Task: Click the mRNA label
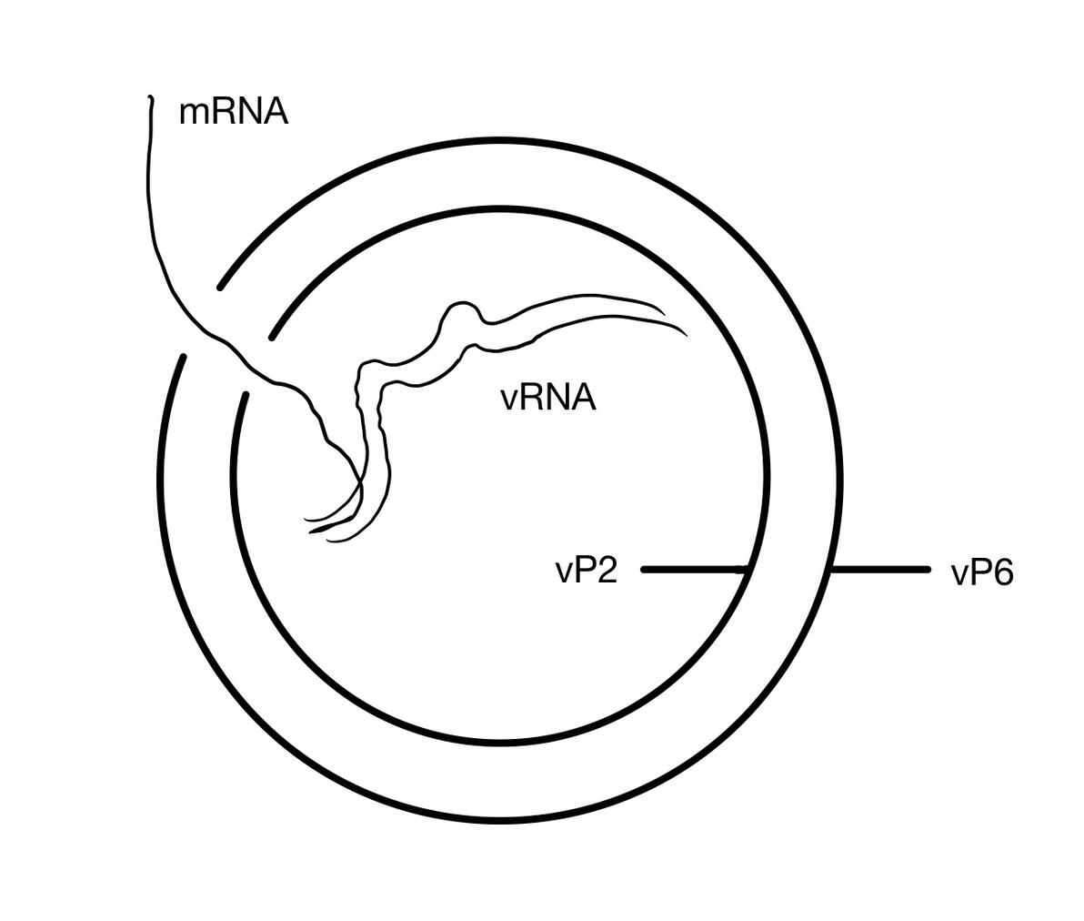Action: tap(234, 112)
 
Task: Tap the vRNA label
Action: tap(547, 398)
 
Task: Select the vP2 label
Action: tap(587, 571)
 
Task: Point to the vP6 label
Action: tap(982, 574)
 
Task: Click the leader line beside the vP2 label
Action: tap(691, 570)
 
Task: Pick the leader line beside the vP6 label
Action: tap(880, 570)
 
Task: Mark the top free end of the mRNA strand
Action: tap(149, 96)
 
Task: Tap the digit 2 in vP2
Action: tap(607, 571)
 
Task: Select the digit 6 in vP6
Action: tap(1003, 574)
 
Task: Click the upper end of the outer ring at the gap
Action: tap(220, 288)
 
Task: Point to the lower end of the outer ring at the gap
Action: tap(184, 357)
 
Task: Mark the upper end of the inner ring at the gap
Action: tap(273, 339)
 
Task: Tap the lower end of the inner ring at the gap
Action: tap(246, 394)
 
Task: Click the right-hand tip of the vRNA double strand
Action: tap(686, 334)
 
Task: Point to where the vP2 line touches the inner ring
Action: tap(746, 570)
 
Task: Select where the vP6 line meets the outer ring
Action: tap(831, 570)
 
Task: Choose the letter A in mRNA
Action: tap(276, 112)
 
